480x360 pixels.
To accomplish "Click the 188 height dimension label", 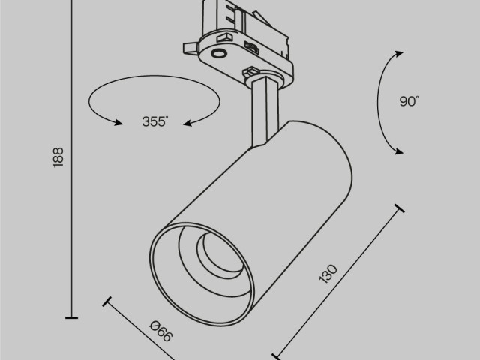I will (59, 156).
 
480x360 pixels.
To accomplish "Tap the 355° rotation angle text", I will (155, 122).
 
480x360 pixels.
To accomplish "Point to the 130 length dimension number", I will (328, 274).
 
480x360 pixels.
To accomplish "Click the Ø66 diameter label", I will (160, 331).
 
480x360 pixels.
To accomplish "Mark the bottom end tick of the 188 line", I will (72, 318).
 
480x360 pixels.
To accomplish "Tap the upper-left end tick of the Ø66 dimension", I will (107, 303).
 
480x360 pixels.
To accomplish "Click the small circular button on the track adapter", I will (219, 52).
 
